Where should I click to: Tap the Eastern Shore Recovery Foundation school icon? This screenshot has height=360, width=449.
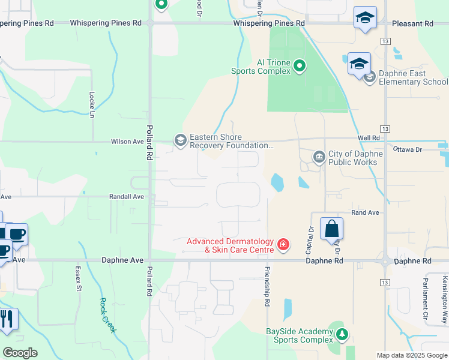(x=180, y=140)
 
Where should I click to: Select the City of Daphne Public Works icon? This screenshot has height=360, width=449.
(x=319, y=157)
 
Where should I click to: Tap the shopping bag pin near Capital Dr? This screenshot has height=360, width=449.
(x=331, y=229)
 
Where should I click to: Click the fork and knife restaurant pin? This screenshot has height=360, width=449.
(x=7, y=319)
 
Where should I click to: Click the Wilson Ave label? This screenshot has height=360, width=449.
(x=127, y=142)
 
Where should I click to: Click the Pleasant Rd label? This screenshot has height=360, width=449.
(x=412, y=24)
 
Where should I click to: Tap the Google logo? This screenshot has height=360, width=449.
(x=20, y=353)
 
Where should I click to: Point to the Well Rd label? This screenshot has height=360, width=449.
(x=369, y=138)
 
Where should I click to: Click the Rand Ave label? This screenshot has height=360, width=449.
(x=366, y=213)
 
